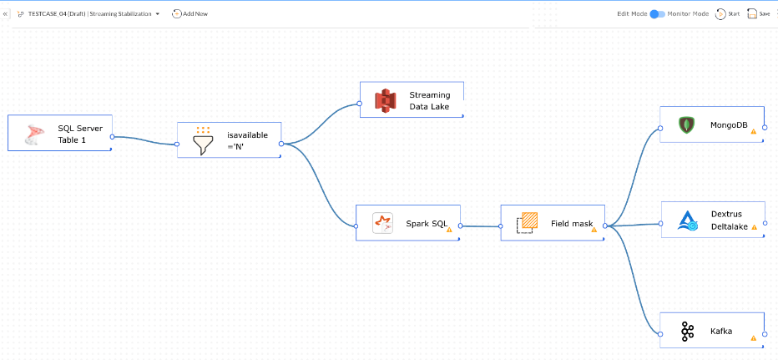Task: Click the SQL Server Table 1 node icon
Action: (x=33, y=134)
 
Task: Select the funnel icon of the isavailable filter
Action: (x=203, y=141)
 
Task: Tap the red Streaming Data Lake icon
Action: (x=384, y=100)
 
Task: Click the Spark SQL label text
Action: (x=427, y=223)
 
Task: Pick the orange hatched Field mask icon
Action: (x=528, y=222)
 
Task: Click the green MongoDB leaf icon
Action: (x=685, y=125)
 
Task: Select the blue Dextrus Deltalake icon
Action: (x=686, y=220)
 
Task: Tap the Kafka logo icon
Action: (x=687, y=332)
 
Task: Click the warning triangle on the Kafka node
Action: (x=753, y=338)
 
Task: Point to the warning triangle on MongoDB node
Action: (x=753, y=131)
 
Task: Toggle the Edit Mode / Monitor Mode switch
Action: (x=657, y=13)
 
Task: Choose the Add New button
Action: (x=189, y=13)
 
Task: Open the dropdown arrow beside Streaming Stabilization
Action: (x=158, y=13)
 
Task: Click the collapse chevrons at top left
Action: (x=7, y=13)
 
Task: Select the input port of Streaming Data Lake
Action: (x=359, y=104)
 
